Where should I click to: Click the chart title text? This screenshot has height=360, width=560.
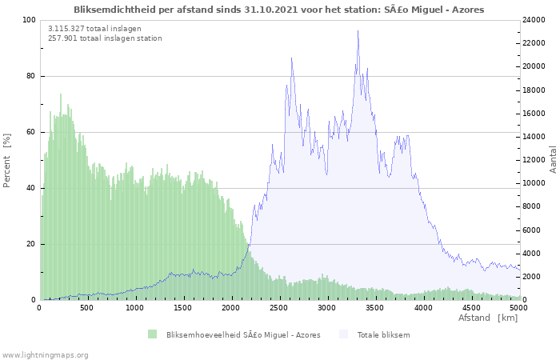(279, 10)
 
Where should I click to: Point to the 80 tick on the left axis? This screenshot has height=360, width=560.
(30, 76)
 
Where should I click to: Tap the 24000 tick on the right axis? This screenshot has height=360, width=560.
(534, 20)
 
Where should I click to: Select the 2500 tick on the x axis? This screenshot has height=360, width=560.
(278, 308)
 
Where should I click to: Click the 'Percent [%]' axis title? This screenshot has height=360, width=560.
(6, 160)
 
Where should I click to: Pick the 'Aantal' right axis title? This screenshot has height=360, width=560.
(553, 159)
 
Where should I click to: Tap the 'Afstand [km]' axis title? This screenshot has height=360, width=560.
(488, 318)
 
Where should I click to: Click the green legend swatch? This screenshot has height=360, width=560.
(153, 334)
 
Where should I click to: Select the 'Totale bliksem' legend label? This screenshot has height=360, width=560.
(383, 335)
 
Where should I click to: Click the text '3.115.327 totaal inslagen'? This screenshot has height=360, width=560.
(94, 29)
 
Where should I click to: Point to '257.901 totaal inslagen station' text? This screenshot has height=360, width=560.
(105, 38)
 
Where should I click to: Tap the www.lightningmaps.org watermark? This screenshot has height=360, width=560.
(44, 355)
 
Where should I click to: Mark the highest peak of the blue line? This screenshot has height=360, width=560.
(358, 30)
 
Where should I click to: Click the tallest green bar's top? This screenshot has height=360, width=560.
(61, 94)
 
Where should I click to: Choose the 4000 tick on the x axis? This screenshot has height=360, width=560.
(423, 308)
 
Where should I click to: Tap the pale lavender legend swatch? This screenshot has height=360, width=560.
(343, 334)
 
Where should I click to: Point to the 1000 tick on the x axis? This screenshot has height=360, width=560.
(134, 308)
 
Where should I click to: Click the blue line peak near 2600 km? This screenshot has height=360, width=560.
(291, 58)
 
